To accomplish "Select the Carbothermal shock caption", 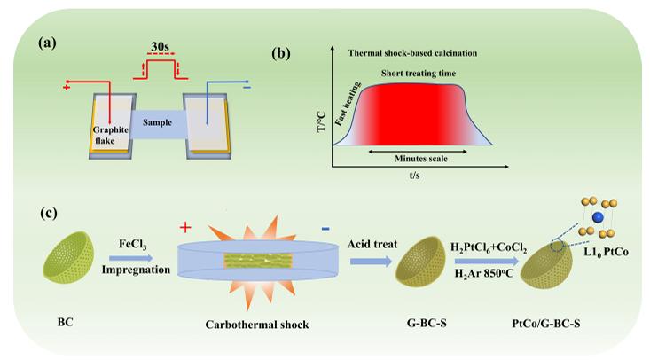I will click(x=254, y=325).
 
